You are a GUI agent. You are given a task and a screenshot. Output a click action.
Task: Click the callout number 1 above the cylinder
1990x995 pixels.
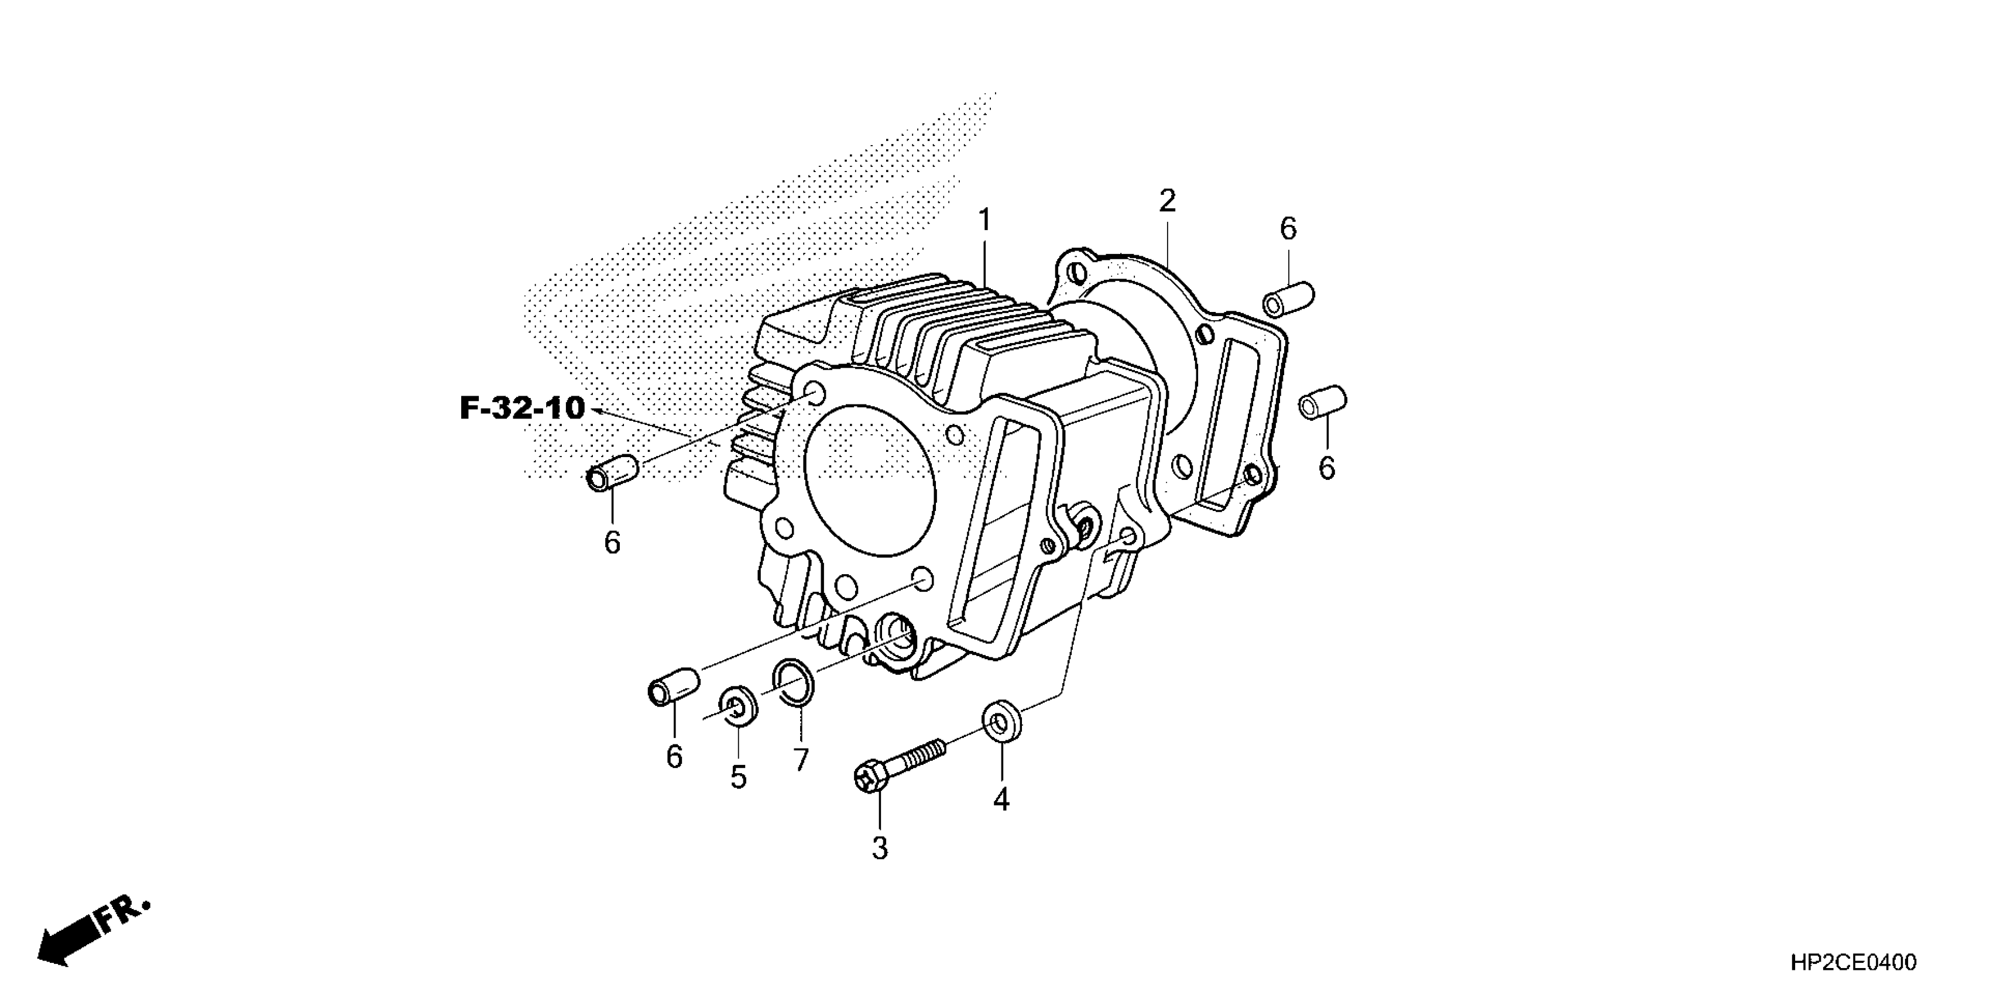tap(984, 221)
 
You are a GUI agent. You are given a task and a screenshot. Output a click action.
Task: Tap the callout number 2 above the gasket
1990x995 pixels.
tap(1166, 201)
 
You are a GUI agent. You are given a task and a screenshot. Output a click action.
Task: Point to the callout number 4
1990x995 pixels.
tap(1001, 800)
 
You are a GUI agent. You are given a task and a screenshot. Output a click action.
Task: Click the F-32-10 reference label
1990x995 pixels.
tap(522, 408)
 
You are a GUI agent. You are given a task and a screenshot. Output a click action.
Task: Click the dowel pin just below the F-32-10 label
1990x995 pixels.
tap(612, 473)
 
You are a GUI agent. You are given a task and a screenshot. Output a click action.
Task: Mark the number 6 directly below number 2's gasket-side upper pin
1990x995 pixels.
tap(1288, 229)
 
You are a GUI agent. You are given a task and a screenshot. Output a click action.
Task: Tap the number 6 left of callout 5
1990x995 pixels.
tap(674, 757)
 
